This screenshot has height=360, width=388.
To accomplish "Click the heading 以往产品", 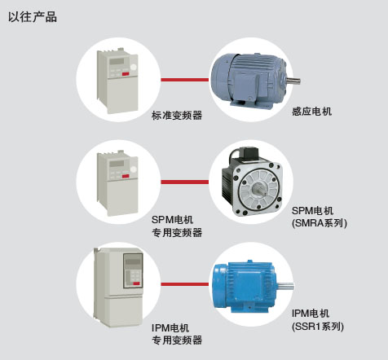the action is (33, 17).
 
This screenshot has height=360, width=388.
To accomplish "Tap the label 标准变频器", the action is (177, 116).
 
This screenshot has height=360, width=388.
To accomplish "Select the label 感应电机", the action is (312, 112).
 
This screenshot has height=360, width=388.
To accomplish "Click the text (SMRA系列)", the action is (320, 223).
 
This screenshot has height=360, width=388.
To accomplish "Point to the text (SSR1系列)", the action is (318, 326).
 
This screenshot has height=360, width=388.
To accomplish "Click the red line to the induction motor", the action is (185, 80).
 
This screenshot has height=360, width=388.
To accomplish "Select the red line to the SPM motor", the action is (185, 182).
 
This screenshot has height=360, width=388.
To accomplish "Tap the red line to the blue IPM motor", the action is (185, 284).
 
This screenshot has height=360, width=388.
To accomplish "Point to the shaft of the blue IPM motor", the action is (286, 286).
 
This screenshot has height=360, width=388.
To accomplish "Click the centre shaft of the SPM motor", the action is (259, 188).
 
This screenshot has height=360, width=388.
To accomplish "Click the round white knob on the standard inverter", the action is (133, 68).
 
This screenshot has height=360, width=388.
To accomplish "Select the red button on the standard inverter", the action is (126, 74).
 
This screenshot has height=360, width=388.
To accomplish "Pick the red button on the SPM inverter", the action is (126, 176).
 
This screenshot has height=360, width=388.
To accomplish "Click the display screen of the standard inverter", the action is (117, 61).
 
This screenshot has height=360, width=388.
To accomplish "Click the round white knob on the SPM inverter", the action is (133, 169).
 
